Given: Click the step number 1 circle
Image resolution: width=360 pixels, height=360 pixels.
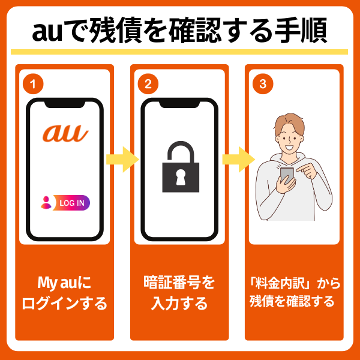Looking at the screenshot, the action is coord(33,84).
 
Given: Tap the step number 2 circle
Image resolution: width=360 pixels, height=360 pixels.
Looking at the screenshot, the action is coord(148,84).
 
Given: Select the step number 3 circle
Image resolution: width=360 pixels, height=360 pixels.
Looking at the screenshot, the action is coord(263,84).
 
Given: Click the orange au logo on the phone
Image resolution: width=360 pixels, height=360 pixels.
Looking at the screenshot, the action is coord(65,133).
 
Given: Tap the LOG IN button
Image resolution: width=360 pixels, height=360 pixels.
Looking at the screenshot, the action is coord(71,203).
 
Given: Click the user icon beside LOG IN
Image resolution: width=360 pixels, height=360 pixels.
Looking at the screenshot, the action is coord(46,203).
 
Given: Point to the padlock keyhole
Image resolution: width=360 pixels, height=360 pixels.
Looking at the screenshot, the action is coord(181,177).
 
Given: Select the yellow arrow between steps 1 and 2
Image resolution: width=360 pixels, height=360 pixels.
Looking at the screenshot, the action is coord(122,160).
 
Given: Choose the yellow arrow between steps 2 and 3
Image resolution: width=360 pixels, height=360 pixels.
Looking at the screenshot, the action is coord(239,160).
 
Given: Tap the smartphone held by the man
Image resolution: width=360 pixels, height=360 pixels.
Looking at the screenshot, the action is coord(287,176).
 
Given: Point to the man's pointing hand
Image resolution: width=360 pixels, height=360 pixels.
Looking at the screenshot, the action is coord(307,170).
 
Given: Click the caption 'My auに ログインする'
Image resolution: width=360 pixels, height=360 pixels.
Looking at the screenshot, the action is coord(65,293).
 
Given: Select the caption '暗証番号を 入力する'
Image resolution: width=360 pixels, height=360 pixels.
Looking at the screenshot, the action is coord(179,293).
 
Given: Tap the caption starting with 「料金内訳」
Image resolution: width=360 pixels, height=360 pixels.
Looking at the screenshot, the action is coord(295,292).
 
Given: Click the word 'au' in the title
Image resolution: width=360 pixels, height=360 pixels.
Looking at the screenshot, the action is coord(47,32).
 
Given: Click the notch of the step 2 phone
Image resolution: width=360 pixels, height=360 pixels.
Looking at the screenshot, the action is coord(179,104).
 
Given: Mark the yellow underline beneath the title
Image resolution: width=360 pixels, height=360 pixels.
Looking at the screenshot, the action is coord(179,52).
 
